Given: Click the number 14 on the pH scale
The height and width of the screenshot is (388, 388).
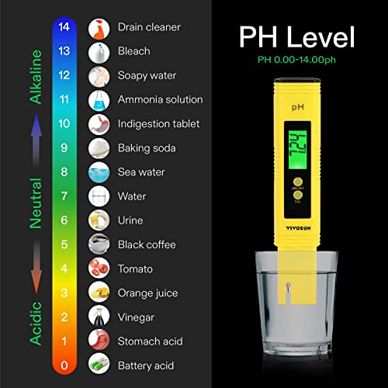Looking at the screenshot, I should tap(65, 27).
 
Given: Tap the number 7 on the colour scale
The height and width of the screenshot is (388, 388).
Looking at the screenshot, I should tap(65, 196).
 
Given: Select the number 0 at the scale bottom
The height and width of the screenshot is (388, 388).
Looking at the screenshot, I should tap(65, 365).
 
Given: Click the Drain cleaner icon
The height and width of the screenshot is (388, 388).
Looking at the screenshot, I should tap(99, 28).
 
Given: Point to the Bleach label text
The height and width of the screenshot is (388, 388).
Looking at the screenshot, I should tap(133, 51).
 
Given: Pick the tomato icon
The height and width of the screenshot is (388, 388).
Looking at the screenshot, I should tap(99, 268).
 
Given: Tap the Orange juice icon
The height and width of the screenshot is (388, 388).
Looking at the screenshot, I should tap(99, 293).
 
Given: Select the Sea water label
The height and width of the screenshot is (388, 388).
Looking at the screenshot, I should tap(141, 172).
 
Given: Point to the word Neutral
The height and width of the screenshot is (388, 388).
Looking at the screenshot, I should tap(36, 201).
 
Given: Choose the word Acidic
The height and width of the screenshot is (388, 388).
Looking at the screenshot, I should tap(36, 326).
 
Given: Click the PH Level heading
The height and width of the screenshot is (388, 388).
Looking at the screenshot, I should tap(297, 37).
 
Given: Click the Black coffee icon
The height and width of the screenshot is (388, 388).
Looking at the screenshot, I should tap(99, 244).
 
